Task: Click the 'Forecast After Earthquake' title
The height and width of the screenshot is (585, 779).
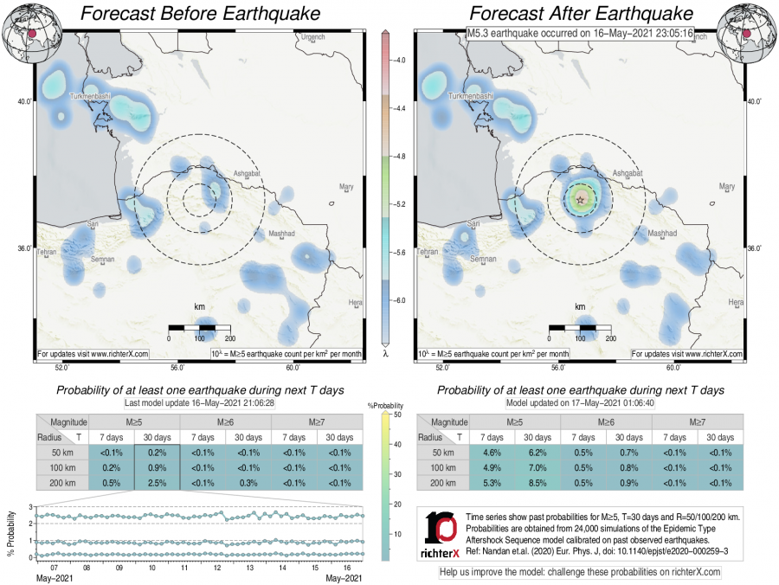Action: click(581, 14)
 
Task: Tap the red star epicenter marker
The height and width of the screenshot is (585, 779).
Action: click(579, 199)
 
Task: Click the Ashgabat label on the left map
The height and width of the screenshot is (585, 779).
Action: click(247, 174)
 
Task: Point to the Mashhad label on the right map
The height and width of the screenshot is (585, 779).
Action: click(663, 233)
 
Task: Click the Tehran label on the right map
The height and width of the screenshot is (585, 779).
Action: click(428, 252)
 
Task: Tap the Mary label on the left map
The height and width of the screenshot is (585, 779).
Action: click(347, 186)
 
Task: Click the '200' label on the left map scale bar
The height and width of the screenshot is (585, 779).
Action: click(229, 337)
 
